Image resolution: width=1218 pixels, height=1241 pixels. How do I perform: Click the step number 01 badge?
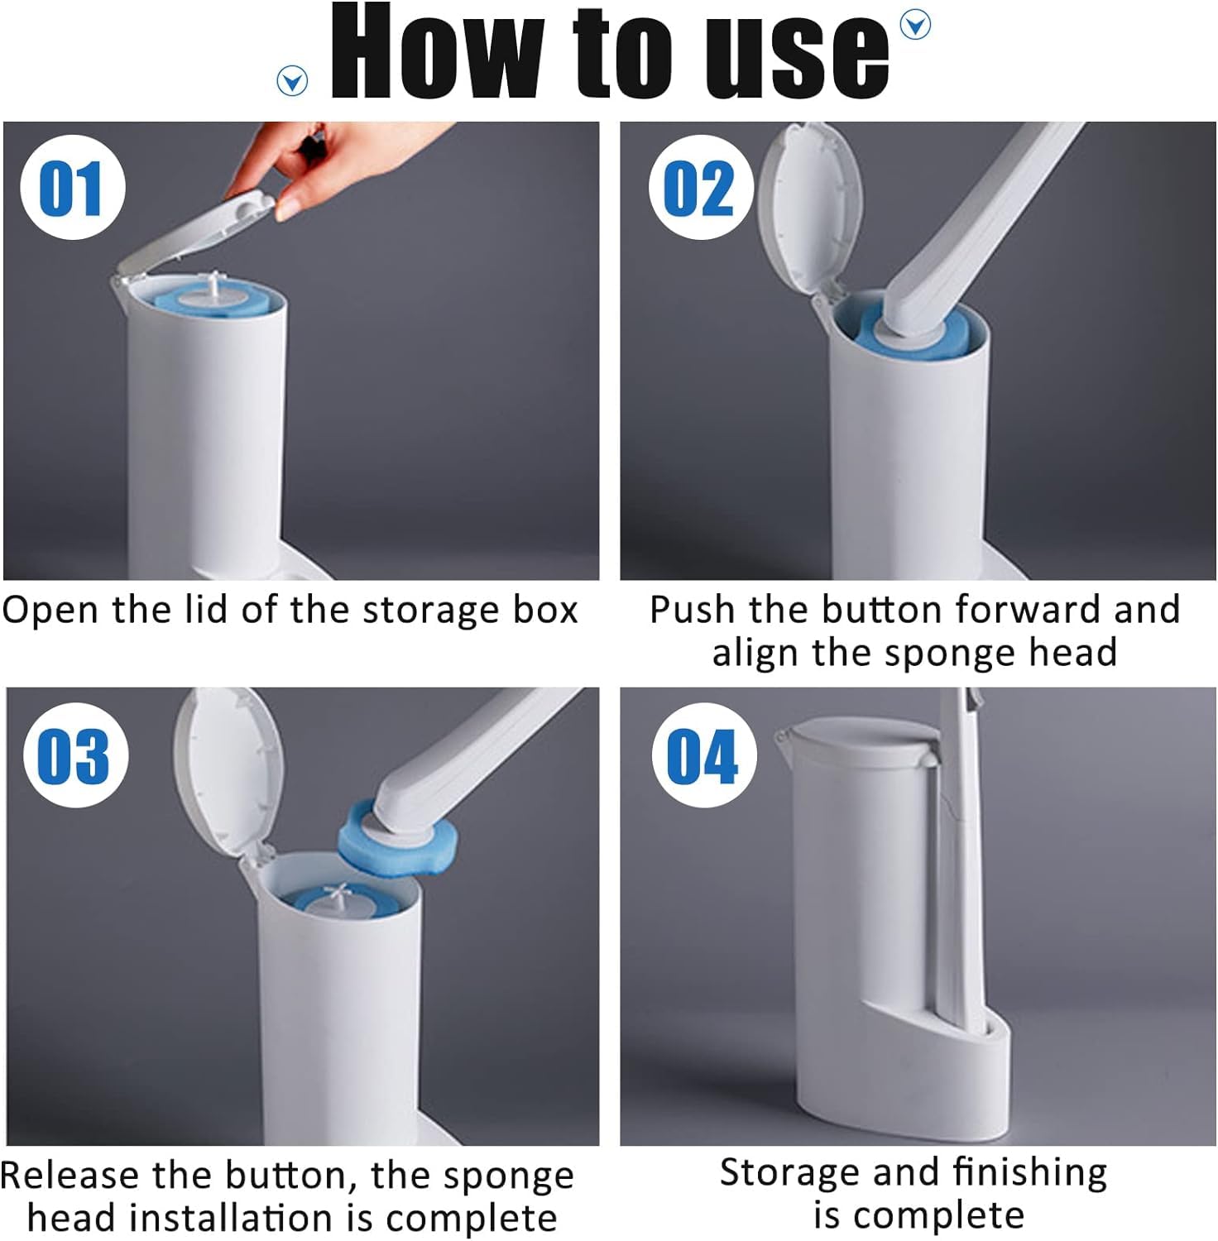73,187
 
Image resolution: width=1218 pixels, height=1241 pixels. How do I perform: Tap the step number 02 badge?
700,187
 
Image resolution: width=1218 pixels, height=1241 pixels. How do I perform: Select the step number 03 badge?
75,755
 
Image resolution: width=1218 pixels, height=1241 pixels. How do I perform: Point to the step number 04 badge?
703,755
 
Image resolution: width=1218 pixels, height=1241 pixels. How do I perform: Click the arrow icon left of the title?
292,81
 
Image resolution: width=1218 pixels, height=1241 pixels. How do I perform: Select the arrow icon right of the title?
913,25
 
